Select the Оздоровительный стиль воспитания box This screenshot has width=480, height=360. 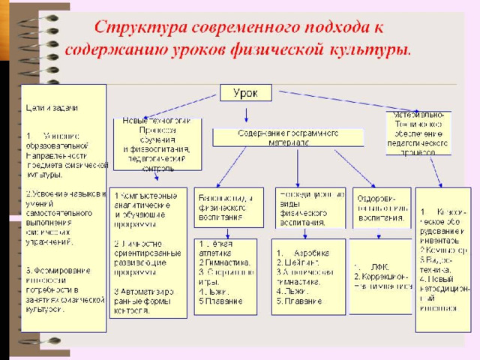[x=380, y=206]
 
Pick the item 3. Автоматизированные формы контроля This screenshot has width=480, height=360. [x=145, y=299]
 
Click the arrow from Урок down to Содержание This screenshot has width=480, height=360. [x=246, y=114]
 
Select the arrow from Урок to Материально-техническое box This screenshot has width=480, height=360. [x=337, y=100]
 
